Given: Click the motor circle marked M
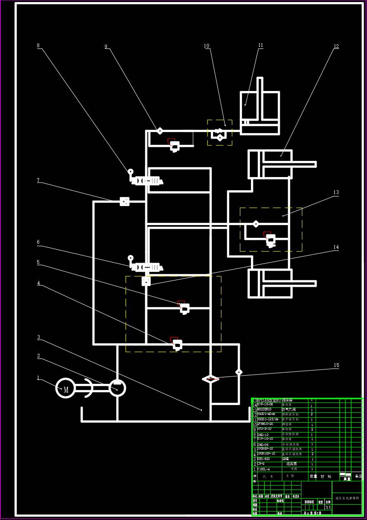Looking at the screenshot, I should [66, 388].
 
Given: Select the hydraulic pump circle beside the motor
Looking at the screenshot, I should [117, 388].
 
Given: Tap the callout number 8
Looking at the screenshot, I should [38, 46].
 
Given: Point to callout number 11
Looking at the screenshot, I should [260, 46].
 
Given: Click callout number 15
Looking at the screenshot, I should [336, 365].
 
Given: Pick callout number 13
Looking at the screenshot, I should [336, 192].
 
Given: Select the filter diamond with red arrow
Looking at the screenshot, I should [211, 379].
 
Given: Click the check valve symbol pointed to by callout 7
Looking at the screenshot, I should [125, 201].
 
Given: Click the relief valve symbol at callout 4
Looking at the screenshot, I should [177, 344].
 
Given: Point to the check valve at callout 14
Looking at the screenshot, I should [146, 281].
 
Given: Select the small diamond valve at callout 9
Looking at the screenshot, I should [160, 131].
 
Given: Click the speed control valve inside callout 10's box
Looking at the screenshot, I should [219, 134].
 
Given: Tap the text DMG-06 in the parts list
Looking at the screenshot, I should [263, 445].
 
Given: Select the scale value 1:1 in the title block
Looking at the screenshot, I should [328, 507].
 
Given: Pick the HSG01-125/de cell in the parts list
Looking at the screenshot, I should [268, 419].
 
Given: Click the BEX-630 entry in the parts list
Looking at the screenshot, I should [264, 459].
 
